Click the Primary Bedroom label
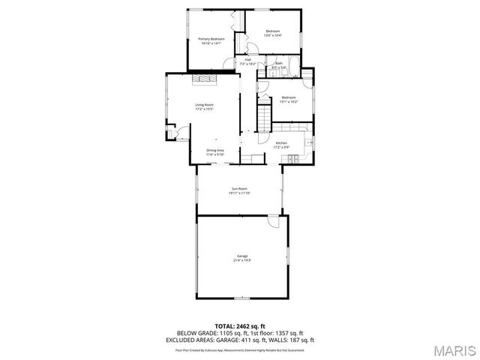[x=211, y=38]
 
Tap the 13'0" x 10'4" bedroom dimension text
[x=272, y=35]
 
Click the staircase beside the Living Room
[x=264, y=116]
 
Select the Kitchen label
[x=281, y=142]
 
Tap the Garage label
[x=242, y=256]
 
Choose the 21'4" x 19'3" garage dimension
[x=242, y=260]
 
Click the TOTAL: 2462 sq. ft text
[x=240, y=326]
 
